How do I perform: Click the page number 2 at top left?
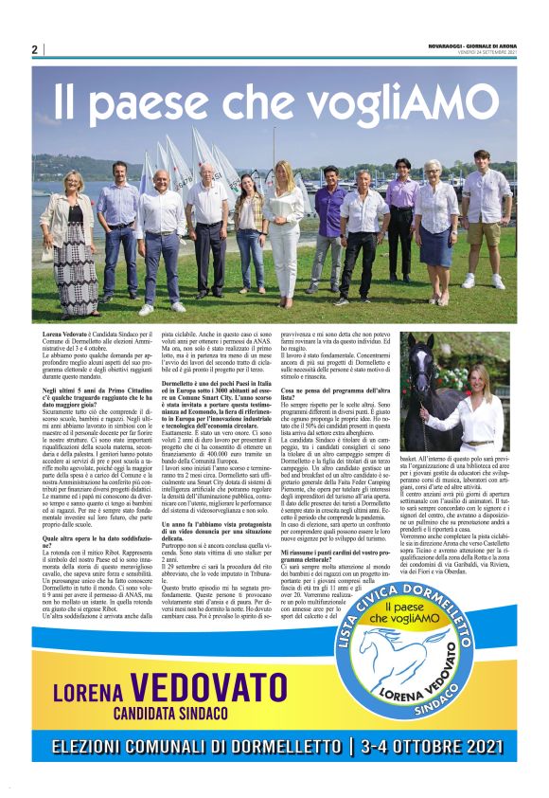click(x=34, y=49)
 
